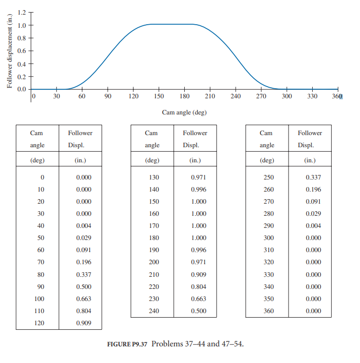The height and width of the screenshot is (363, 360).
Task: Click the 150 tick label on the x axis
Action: tap(159, 97)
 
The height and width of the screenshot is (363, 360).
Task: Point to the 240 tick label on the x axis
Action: tap(236, 97)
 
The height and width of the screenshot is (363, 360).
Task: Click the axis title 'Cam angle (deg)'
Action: tap(184, 112)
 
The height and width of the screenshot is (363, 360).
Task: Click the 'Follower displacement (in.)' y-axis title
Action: tap(10, 51)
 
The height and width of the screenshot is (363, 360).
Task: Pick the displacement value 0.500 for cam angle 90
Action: tap(84, 286)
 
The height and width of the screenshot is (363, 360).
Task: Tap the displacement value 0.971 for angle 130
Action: tap(198, 177)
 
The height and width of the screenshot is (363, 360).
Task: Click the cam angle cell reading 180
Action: tap(154, 238)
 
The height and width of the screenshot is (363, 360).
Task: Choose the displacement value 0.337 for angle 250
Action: tap(313, 177)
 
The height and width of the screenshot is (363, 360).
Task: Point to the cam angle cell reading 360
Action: tap(269, 311)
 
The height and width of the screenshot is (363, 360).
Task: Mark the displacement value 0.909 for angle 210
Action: tap(198, 274)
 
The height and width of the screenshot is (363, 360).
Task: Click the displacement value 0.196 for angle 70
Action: tap(84, 262)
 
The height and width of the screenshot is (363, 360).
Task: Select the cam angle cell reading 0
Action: tap(42, 177)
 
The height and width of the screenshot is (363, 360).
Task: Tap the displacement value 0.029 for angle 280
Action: tap(313, 214)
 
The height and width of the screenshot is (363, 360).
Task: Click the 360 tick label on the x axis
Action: tap(337, 97)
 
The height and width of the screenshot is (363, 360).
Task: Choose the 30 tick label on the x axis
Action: tap(56, 97)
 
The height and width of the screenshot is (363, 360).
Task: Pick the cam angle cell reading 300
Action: tap(269, 238)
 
